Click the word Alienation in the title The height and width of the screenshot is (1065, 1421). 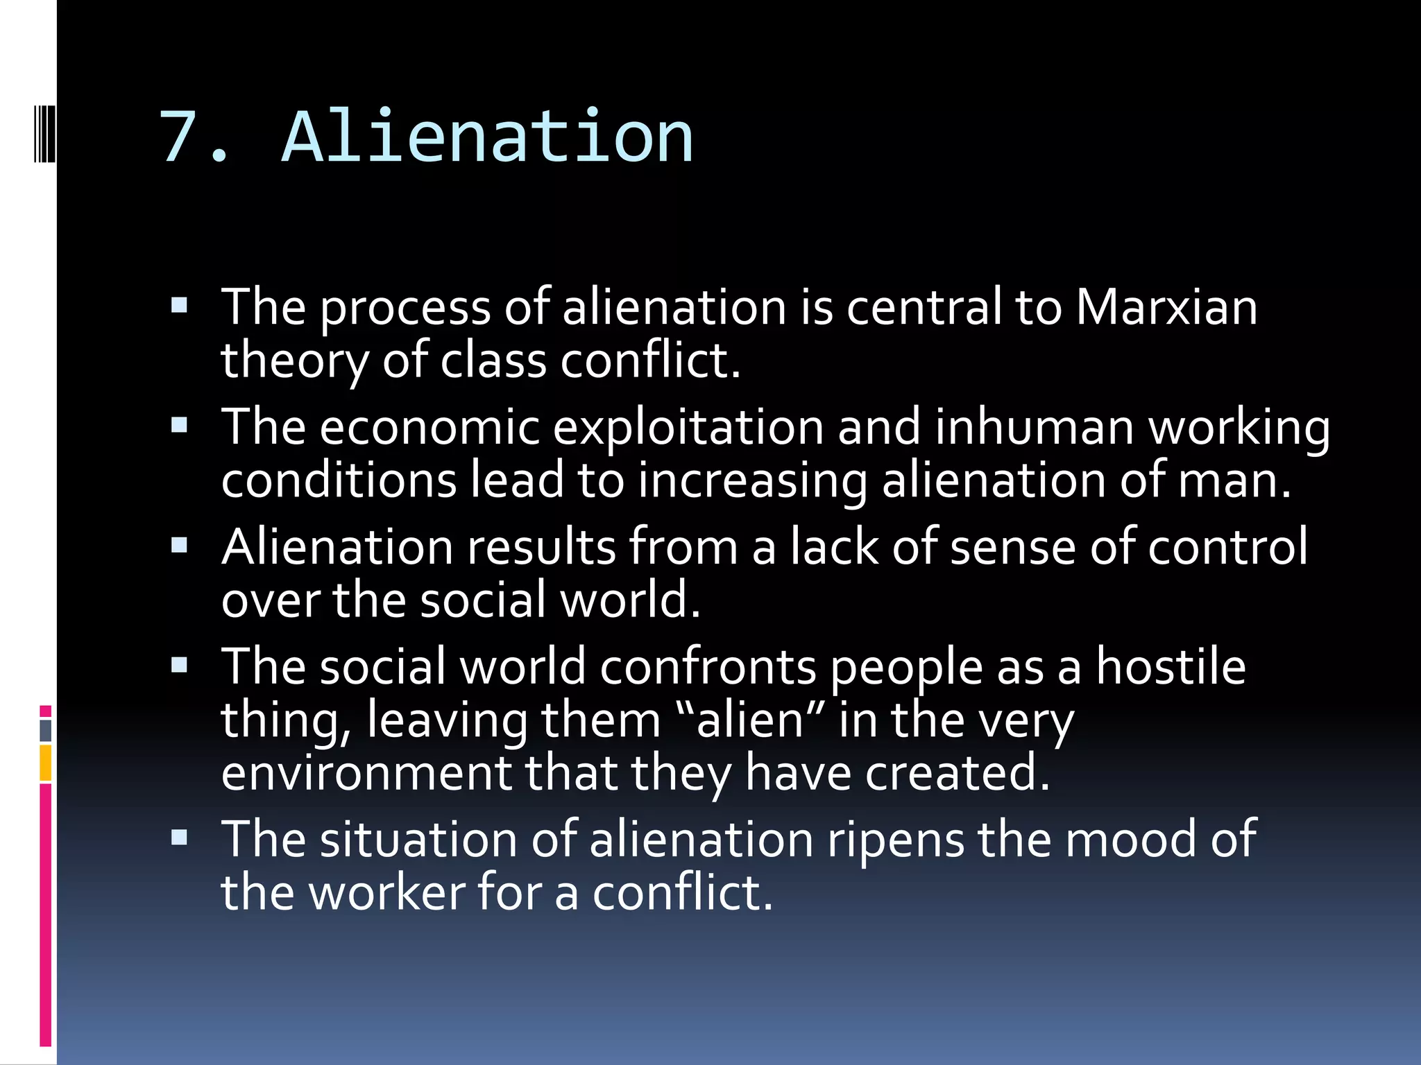click(487, 137)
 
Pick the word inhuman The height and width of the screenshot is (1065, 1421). click(1034, 427)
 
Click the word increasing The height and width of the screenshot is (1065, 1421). click(752, 480)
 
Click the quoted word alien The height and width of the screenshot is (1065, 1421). click(749, 720)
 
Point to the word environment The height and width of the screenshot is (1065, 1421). click(366, 772)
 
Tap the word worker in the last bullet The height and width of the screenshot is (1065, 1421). click(387, 893)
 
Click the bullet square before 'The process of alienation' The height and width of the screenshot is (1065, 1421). click(180, 306)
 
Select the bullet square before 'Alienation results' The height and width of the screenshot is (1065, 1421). click(180, 546)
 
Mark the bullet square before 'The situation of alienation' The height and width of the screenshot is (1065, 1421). click(180, 838)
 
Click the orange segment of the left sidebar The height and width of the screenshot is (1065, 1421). click(46, 763)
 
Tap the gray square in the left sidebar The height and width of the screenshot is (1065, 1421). click(46, 730)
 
